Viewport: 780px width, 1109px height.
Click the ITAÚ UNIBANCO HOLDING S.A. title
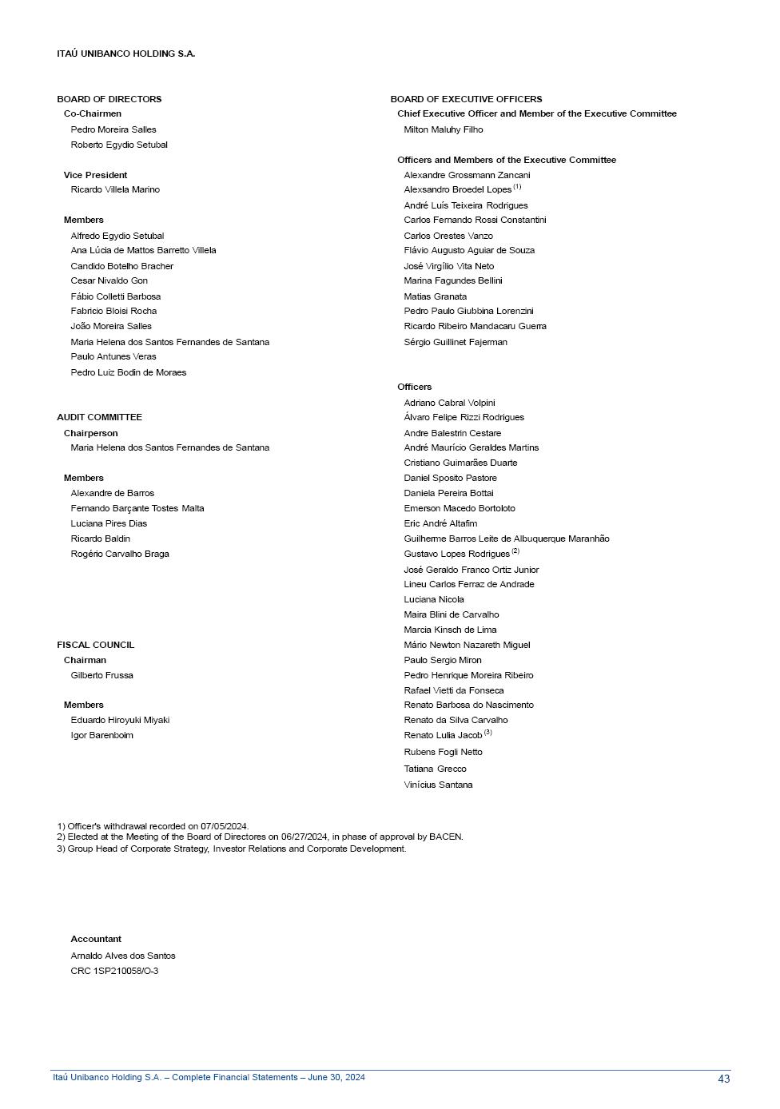click(125, 54)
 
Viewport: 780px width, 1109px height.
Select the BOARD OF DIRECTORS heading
click(109, 99)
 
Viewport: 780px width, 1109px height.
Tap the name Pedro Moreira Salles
click(113, 129)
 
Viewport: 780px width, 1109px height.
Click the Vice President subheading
click(95, 175)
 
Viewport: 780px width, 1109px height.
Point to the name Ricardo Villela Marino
click(115, 189)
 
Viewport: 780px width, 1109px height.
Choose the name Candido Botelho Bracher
click(121, 266)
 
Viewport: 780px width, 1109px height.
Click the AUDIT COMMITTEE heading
click(99, 417)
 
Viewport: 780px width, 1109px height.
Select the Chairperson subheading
click(90, 433)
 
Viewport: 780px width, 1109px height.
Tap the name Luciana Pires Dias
click(109, 523)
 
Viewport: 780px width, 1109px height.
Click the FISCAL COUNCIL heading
click(95, 645)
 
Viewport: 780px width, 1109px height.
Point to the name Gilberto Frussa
click(101, 675)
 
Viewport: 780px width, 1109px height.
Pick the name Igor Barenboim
click(101, 735)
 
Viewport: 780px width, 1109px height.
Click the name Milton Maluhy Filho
click(444, 129)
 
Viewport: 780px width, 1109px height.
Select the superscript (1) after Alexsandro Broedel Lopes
click(517, 187)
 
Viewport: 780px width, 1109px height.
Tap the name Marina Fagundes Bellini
click(453, 280)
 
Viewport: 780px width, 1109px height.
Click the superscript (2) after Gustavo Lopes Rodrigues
click(515, 551)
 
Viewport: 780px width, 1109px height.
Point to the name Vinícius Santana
click(438, 785)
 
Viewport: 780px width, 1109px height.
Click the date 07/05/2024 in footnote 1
click(224, 826)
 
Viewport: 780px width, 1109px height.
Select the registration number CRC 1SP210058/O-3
click(114, 971)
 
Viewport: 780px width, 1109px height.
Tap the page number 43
click(723, 1079)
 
